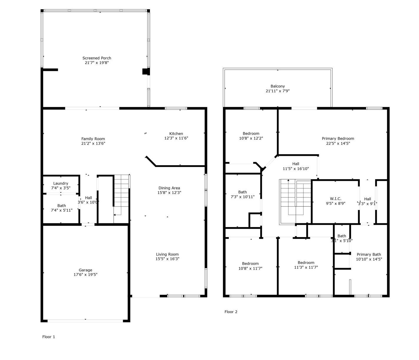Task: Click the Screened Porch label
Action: click(x=97, y=58)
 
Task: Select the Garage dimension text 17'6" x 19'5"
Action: click(x=85, y=275)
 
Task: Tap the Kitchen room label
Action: click(x=176, y=133)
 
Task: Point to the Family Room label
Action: click(x=93, y=139)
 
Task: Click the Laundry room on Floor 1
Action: click(x=61, y=185)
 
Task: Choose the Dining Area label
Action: click(x=169, y=188)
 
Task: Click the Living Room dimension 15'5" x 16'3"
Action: click(x=167, y=259)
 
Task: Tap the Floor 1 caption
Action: click(x=49, y=337)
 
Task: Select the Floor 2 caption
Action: click(x=231, y=312)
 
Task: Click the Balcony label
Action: click(x=277, y=86)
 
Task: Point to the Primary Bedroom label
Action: click(x=338, y=138)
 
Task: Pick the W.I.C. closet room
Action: click(x=335, y=201)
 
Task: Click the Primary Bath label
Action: click(x=369, y=255)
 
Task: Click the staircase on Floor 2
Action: click(x=295, y=202)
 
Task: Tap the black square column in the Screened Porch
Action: click(x=145, y=72)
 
